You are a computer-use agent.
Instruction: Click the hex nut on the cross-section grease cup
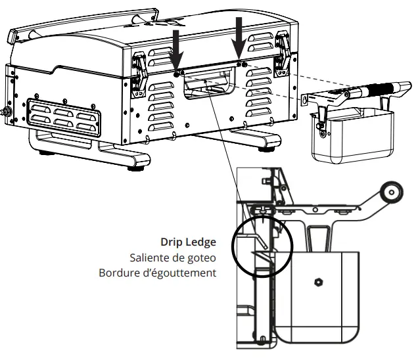click(318, 282)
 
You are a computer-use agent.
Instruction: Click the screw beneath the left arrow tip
click(177, 75)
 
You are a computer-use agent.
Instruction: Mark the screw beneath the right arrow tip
click(243, 64)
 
